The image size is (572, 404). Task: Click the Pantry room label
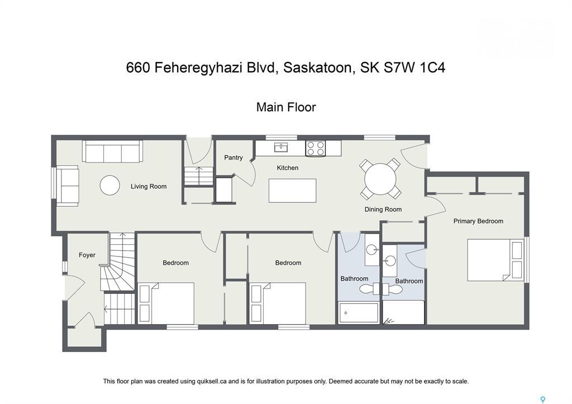[x=233, y=158]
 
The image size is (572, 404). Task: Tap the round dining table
[x=380, y=179]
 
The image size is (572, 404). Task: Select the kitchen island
[x=292, y=191]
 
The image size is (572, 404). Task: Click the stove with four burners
[x=315, y=148]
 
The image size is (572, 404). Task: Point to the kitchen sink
[x=280, y=148]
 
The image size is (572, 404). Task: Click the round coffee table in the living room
[x=109, y=186]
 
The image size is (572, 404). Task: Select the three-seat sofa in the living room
[x=112, y=151]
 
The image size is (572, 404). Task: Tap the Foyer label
[x=87, y=255]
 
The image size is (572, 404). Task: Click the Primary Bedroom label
[x=478, y=221]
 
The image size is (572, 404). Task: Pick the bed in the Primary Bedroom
[x=495, y=260]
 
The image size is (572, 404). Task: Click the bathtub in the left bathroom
[x=359, y=313]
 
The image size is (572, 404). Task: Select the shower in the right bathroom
[x=403, y=313]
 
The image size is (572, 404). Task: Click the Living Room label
[x=149, y=187]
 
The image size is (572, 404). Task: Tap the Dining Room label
[x=383, y=210]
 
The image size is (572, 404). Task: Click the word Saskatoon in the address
[x=318, y=68]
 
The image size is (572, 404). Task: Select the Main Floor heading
[x=286, y=107]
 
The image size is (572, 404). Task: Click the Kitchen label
[x=288, y=168]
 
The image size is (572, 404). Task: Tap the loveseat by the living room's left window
[x=68, y=186]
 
